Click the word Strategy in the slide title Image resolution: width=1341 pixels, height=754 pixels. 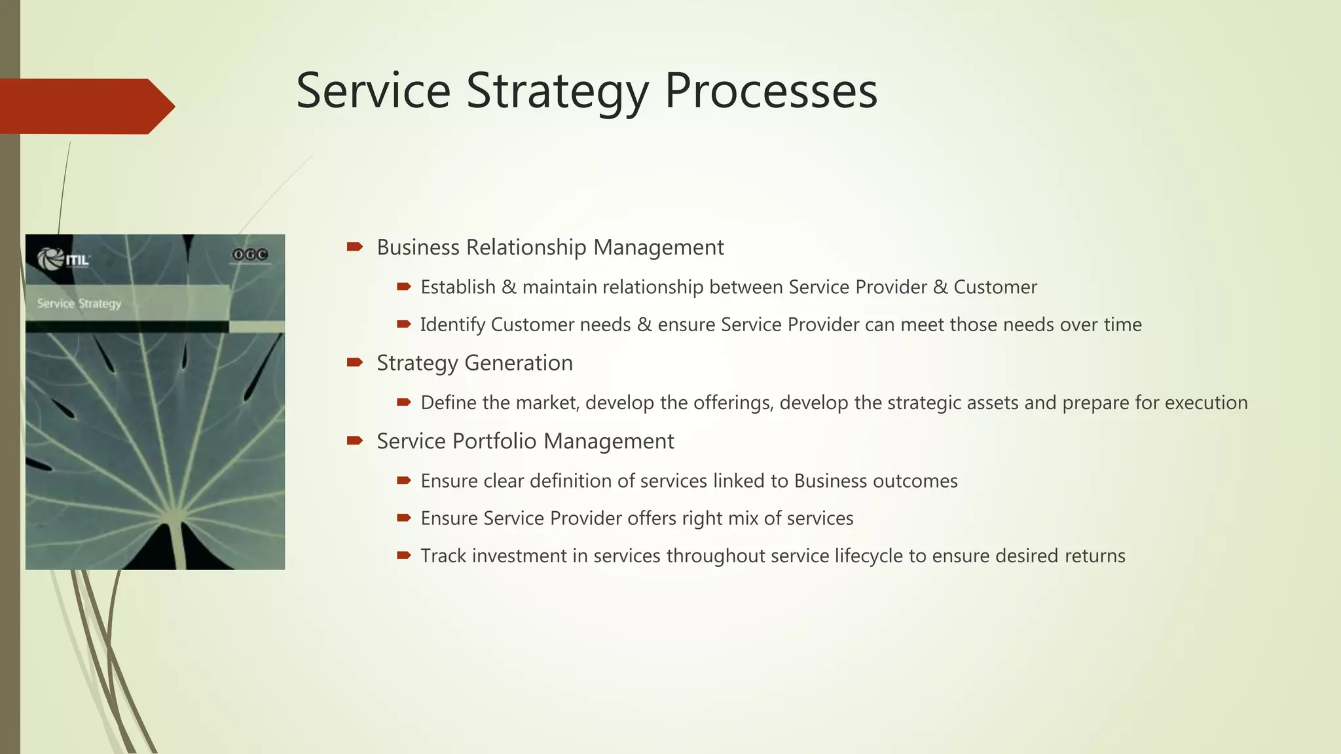pyautogui.click(x=557, y=92)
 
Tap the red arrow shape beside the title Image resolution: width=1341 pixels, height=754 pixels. pyautogui.click(x=85, y=106)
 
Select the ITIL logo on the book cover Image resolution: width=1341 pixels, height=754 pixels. pyautogui.click(x=64, y=259)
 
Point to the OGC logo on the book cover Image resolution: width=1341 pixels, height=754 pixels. pyautogui.click(x=250, y=255)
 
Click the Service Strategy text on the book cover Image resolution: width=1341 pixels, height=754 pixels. pyautogui.click(x=79, y=304)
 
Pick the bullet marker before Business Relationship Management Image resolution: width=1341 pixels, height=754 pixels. pyautogui.click(x=354, y=247)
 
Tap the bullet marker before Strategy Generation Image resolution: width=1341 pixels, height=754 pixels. pyautogui.click(x=354, y=362)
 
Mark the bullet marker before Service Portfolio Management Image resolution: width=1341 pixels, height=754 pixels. pyautogui.click(x=354, y=440)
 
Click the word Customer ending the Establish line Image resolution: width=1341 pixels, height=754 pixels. pyautogui.click(x=995, y=287)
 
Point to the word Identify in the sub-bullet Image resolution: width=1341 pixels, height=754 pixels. pyautogui.click(x=452, y=325)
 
